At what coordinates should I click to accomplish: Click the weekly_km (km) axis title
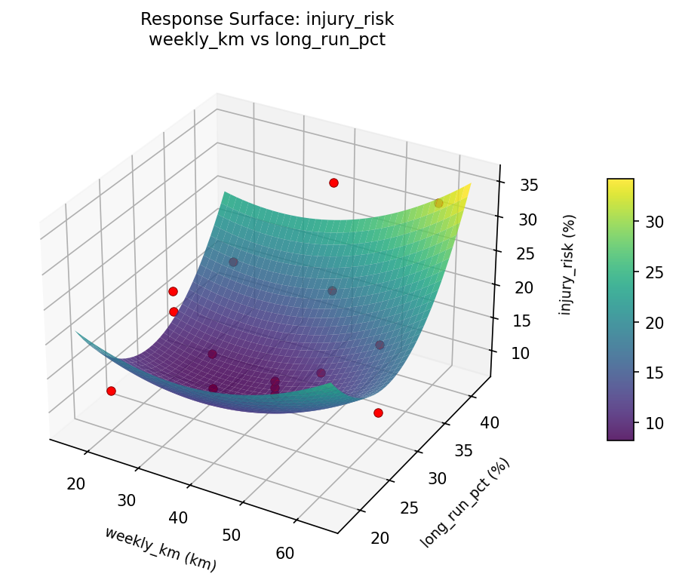click(x=160, y=548)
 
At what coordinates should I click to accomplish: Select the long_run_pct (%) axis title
click(x=466, y=502)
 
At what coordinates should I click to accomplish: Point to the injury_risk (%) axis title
click(x=567, y=264)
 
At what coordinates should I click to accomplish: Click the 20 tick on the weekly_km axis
click(x=75, y=483)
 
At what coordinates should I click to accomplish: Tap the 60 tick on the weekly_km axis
click(x=285, y=553)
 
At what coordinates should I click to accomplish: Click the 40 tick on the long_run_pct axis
click(x=490, y=423)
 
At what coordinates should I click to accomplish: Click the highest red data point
click(x=333, y=183)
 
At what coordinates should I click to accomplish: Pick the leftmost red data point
click(x=111, y=391)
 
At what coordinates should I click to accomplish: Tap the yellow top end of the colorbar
click(x=620, y=182)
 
